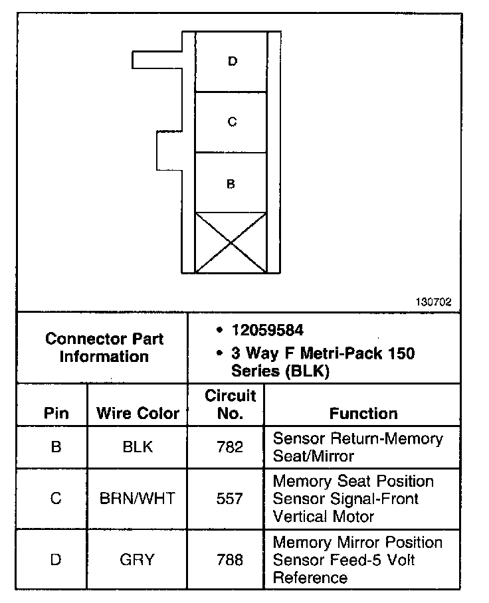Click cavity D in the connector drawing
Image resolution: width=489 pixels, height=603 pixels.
[x=231, y=62]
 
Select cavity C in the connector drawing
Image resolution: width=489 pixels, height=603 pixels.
[x=231, y=122]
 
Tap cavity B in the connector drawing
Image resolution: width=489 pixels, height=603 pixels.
[x=231, y=184]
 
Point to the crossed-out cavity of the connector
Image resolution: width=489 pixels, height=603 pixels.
[x=231, y=242]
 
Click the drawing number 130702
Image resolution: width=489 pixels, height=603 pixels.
[x=433, y=301]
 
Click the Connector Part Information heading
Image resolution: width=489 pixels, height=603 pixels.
[x=104, y=347]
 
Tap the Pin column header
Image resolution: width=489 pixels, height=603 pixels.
[x=56, y=413]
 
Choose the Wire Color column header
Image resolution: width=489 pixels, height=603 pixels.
[x=138, y=413]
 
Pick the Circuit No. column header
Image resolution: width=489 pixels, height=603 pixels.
[x=230, y=404]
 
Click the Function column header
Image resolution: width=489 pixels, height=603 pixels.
[x=363, y=413]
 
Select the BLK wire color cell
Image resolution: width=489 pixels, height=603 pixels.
[x=138, y=447]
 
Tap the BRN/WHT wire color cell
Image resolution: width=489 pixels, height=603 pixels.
[x=138, y=498]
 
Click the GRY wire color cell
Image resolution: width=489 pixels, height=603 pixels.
[x=138, y=559]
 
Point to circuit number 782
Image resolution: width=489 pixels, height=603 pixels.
[x=230, y=447]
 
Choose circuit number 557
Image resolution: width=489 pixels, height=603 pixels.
[x=230, y=498]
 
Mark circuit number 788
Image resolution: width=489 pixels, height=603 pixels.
[x=230, y=559]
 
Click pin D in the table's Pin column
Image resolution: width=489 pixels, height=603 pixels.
[x=56, y=559]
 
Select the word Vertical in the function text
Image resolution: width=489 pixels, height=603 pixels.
[x=297, y=516]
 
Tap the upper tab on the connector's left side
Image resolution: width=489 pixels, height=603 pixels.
[x=157, y=60]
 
